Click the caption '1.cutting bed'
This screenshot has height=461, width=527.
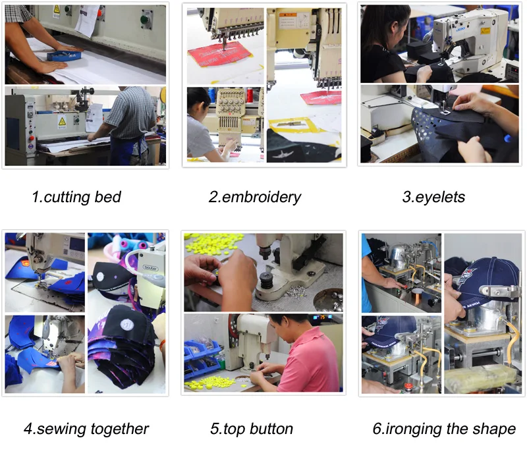point(76,197)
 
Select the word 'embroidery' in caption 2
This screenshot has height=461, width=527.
point(262,197)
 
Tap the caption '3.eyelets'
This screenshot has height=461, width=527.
point(433,197)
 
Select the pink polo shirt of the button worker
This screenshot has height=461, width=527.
point(310,359)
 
